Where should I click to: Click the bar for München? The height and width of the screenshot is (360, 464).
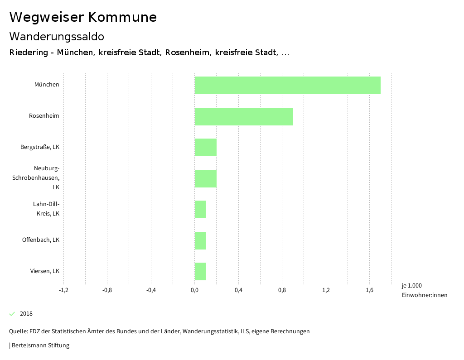coord(287,85)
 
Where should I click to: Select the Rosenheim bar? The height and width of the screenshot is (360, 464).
coord(244,116)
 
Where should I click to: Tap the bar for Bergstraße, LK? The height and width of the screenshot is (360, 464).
coord(205,147)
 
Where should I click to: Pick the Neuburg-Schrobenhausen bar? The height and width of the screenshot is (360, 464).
coord(205,178)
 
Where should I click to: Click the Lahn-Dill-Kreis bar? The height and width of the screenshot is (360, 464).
coord(200,209)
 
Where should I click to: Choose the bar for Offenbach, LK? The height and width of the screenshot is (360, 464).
coord(200,240)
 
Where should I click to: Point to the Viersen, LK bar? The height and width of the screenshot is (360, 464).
coord(200,271)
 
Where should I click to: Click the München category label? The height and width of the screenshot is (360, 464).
coord(47,85)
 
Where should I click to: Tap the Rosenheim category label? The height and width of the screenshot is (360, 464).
coord(44,116)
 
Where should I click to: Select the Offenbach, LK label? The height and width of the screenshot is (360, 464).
coord(41,240)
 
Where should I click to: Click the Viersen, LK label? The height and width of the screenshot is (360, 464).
coord(45,271)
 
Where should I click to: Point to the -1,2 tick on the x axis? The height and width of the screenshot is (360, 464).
coord(63,290)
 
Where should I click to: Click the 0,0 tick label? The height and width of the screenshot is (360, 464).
coord(194,290)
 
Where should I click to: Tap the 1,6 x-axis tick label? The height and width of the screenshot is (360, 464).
coord(369,290)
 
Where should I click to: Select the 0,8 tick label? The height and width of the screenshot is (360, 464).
coord(282,290)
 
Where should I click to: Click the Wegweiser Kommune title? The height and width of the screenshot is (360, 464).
coord(83,17)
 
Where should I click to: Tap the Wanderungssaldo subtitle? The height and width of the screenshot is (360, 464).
coord(57,36)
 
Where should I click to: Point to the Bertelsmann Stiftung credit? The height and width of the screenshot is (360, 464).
coord(40,346)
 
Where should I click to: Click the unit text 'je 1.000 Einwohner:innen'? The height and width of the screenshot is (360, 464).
coord(424,290)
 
